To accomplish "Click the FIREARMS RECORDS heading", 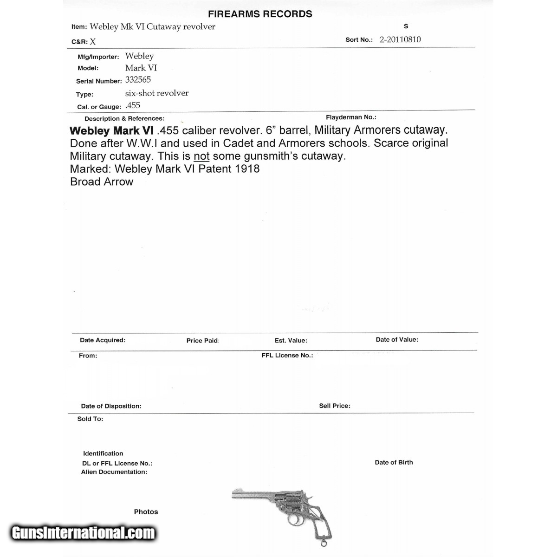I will [260, 14].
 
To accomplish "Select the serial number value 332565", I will [138, 80].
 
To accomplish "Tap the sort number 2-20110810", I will [400, 39].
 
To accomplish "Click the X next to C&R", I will [93, 42].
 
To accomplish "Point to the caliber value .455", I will [133, 106].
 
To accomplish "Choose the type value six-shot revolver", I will [157, 93].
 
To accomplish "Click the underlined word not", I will [201, 156].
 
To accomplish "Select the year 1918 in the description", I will [247, 169].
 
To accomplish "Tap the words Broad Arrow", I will [102, 182].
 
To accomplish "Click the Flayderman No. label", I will [351, 117].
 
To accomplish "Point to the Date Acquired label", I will [103, 340].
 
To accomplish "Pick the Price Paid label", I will [203, 341].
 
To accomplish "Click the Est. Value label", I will [291, 341].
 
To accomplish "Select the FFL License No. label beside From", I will [287, 356].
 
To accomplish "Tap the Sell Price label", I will [335, 406].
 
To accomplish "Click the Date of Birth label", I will [394, 462].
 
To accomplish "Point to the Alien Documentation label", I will [114, 472].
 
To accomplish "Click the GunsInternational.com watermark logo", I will [83, 533].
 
